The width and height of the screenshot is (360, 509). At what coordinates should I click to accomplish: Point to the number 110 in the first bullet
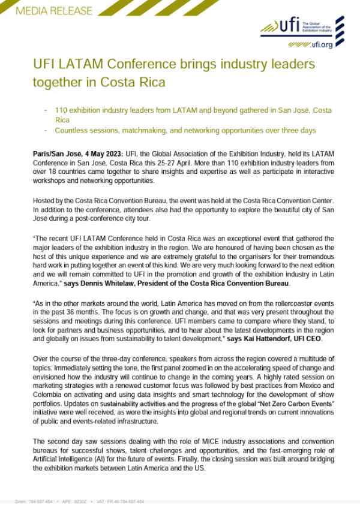(x=62, y=111)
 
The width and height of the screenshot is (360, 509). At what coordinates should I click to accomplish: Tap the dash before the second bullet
(x=46, y=130)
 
